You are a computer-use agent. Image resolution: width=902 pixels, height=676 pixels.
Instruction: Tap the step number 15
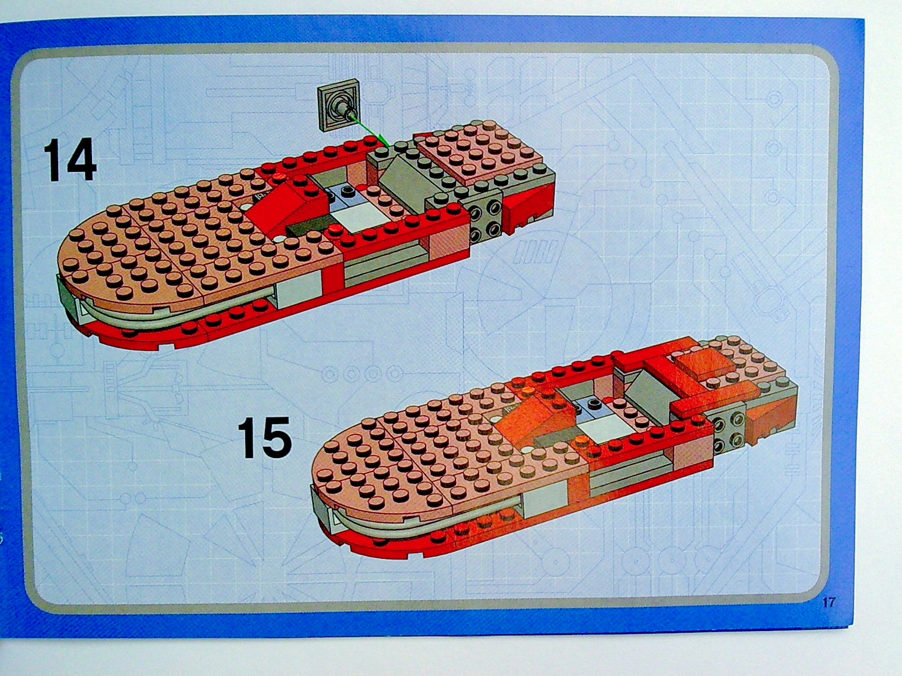tap(264, 438)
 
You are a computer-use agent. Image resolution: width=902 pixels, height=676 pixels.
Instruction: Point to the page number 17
tap(829, 603)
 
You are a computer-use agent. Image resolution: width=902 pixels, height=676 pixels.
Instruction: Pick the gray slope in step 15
tap(649, 393)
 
